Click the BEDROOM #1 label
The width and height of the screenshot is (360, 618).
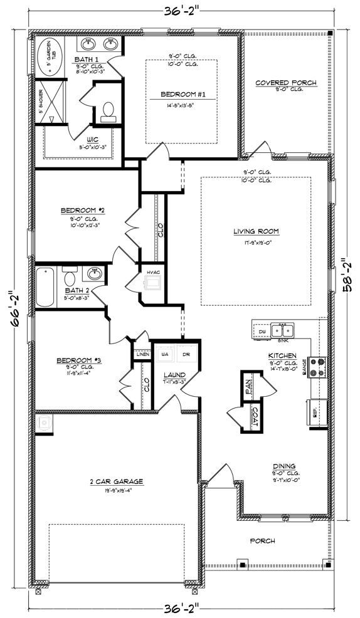coord(179,94)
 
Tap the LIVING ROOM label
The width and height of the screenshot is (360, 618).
coord(256,231)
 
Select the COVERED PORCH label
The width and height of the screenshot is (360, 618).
coord(285,83)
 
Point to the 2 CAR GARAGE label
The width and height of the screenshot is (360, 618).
coord(116,481)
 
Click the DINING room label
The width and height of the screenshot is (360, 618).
coord(283,466)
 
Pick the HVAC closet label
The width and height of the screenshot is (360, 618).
coord(154,272)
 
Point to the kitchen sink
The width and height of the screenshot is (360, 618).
coord(283,330)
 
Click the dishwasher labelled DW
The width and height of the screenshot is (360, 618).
coord(262,330)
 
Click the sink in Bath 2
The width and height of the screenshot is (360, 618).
coord(94,275)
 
